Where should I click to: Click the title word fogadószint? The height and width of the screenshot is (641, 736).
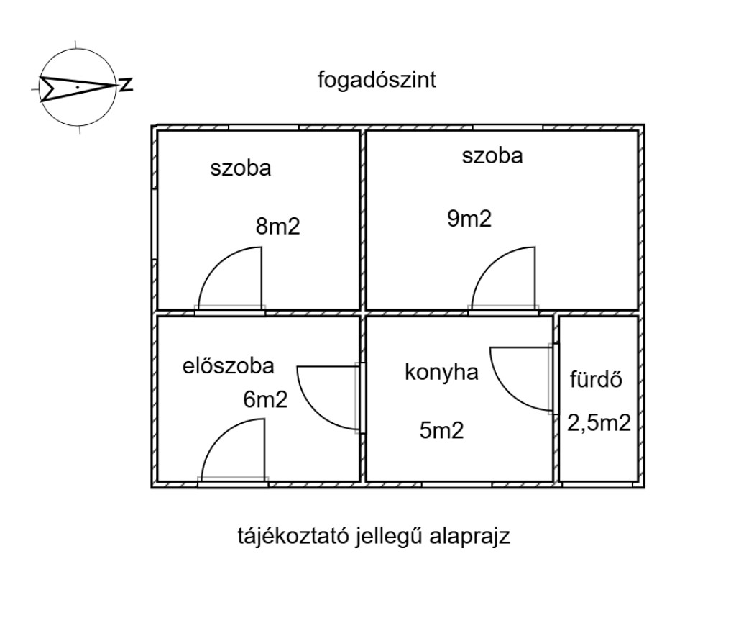tap(377, 80)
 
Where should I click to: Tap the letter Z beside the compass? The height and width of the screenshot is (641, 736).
tap(126, 85)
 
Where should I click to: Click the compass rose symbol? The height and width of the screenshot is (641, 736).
tap(77, 88)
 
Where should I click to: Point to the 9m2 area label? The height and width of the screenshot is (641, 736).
tap(469, 219)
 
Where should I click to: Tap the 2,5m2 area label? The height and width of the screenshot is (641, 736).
tap(599, 422)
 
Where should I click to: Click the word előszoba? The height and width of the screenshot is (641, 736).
tap(228, 366)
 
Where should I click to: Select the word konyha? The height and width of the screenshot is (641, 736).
tap(441, 373)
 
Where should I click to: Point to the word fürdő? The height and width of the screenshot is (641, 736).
tap(595, 379)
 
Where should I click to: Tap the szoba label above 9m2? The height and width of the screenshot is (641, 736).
tap(492, 155)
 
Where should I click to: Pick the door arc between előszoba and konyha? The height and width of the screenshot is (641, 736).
tap(323, 396)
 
